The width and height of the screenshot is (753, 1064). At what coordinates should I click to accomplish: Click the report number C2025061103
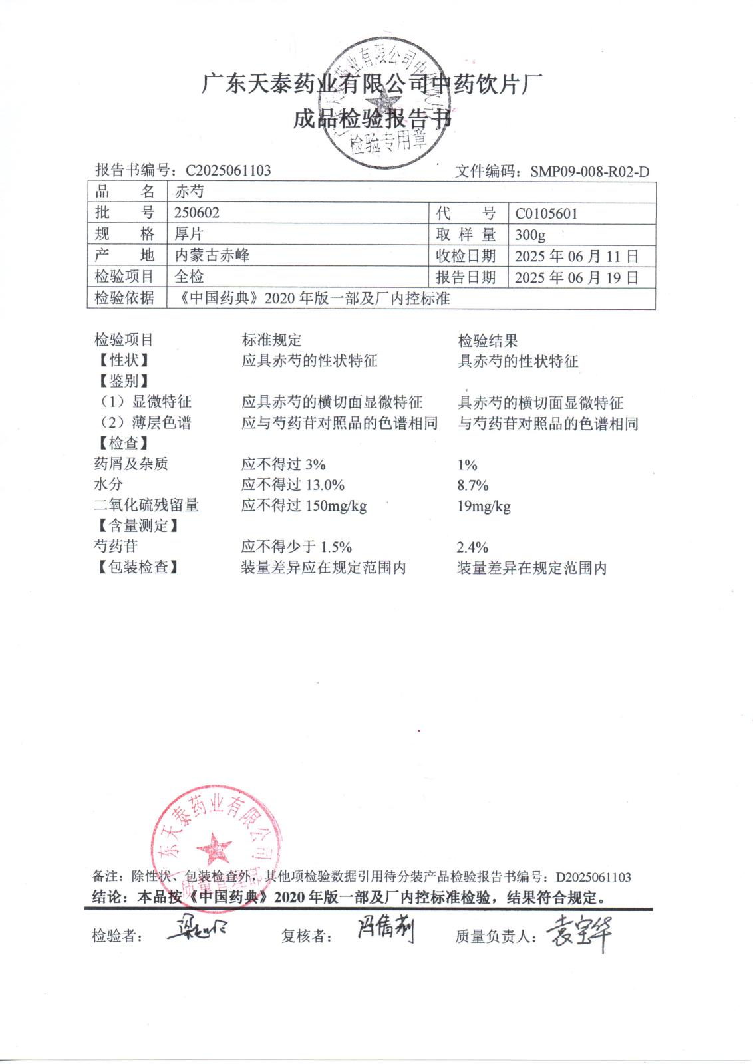(228, 170)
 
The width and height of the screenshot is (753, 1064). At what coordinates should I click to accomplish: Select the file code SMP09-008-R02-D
(589, 172)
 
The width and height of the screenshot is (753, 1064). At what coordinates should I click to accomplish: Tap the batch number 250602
(196, 213)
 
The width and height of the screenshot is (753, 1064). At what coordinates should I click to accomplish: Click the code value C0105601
(546, 214)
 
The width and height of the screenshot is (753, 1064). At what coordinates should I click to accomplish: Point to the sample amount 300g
(530, 235)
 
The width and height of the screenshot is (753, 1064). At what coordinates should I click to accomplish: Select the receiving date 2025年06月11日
(576, 256)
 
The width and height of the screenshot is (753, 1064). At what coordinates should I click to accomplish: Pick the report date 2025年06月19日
(576, 277)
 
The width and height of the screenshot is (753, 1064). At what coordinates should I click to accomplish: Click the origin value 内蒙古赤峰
(212, 255)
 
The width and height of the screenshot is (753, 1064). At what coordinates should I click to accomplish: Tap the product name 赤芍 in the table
(189, 192)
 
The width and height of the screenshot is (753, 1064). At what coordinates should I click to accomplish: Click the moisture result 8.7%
(473, 485)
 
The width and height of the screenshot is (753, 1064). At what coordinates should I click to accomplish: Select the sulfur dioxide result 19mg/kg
(484, 507)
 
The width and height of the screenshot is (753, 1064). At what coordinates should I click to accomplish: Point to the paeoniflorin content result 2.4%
(472, 547)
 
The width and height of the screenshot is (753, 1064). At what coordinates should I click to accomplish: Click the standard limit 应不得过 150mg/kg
(304, 505)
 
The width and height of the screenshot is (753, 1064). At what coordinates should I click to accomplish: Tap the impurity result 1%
(467, 465)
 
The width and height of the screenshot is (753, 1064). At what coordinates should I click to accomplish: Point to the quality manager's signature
(578, 932)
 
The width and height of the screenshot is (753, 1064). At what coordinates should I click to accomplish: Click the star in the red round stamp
(214, 849)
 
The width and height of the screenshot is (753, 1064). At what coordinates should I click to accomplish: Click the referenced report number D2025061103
(593, 877)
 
